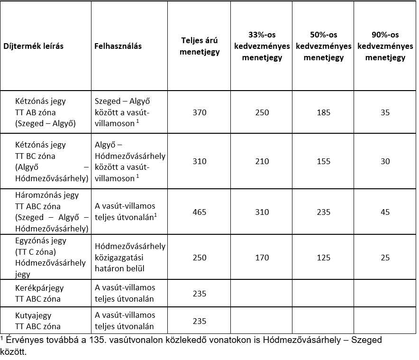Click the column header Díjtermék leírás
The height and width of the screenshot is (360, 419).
coord(33,46)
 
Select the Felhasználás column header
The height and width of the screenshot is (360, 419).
coord(118,46)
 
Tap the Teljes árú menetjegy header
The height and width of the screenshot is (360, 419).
coord(200,46)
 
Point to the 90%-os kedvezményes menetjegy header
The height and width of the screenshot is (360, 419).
coord(385,46)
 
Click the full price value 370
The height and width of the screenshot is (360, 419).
coord(200,112)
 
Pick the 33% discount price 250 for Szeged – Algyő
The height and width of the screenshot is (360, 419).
coord(262,112)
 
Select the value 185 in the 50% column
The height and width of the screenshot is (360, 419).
coord(323,112)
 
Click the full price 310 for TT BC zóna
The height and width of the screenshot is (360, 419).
coord(200,161)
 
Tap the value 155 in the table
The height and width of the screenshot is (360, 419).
coord(323,161)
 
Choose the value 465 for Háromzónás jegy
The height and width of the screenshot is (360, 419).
coord(200,212)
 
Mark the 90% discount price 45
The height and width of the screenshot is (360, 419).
coord(385,212)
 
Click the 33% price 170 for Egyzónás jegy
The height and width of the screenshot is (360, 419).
coord(262,258)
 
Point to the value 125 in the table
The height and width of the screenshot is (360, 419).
coord(323,258)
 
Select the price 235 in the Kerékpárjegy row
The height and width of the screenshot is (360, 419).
coord(200,294)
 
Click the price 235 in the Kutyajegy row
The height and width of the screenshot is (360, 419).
coord(200,321)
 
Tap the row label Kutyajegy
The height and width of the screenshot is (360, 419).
coord(33,315)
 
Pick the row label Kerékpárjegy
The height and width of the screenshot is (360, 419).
coord(39,288)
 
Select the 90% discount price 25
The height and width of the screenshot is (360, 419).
coord(385,258)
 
